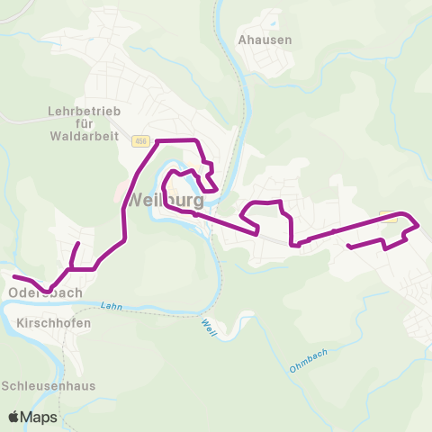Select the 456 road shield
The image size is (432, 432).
point(139,141)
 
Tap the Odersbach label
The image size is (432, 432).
point(45,292)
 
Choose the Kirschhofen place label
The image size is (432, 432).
point(53,321)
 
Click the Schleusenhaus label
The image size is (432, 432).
point(48,385)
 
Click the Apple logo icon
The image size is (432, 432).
point(14,417)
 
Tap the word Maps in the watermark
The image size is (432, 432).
point(40,417)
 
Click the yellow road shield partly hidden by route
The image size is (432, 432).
point(389,215)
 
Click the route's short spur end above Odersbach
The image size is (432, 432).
point(78,244)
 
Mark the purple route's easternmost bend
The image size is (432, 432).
point(418,224)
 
